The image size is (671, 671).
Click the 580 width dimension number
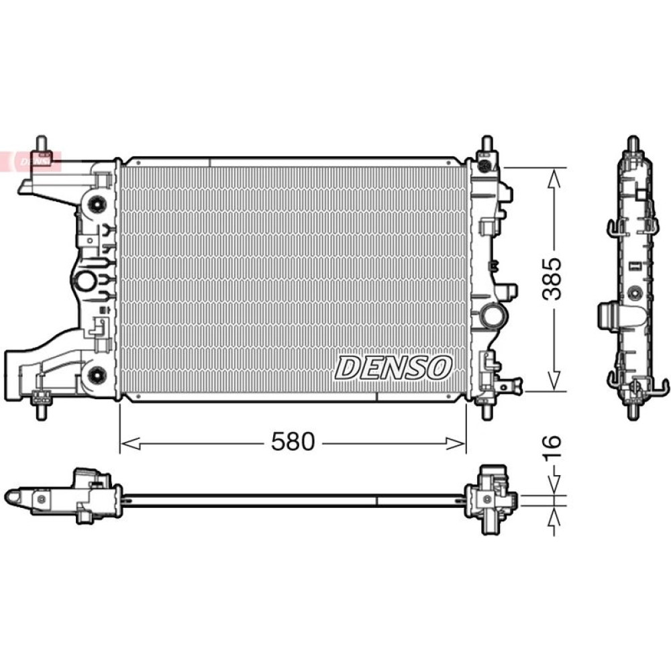293,442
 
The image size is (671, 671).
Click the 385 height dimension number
551,278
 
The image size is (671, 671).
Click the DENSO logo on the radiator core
393,368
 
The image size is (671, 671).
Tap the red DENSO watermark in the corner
30,161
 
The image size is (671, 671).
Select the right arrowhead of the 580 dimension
456,444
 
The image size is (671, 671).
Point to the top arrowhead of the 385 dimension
554,178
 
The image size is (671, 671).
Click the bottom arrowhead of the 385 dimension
554,380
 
